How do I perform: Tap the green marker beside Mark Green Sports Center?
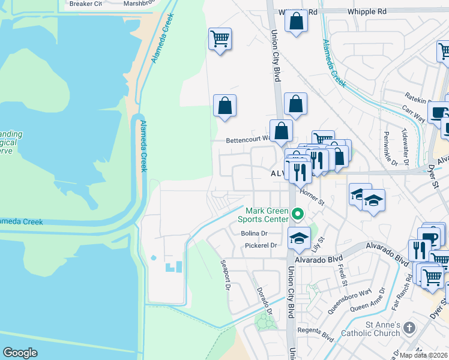coord(297,214)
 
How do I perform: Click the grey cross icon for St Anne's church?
coord(409,328)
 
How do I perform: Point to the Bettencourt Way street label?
coord(249,140)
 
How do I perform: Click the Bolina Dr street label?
coord(253,233)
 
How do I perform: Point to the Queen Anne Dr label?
coord(369,300)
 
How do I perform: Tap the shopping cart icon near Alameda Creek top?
coord(220,39)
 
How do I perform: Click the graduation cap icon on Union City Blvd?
coord(299,238)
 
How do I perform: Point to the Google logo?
coord(20,353)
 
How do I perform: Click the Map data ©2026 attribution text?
coord(415,355)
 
